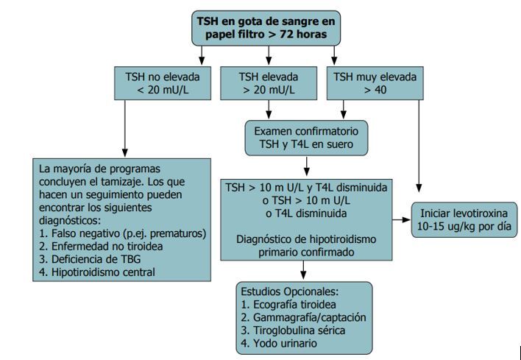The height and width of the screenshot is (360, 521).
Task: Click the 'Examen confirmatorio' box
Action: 308,138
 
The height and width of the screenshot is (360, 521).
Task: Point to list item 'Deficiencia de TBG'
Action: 96,258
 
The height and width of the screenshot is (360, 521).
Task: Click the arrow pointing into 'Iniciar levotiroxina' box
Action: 402,219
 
